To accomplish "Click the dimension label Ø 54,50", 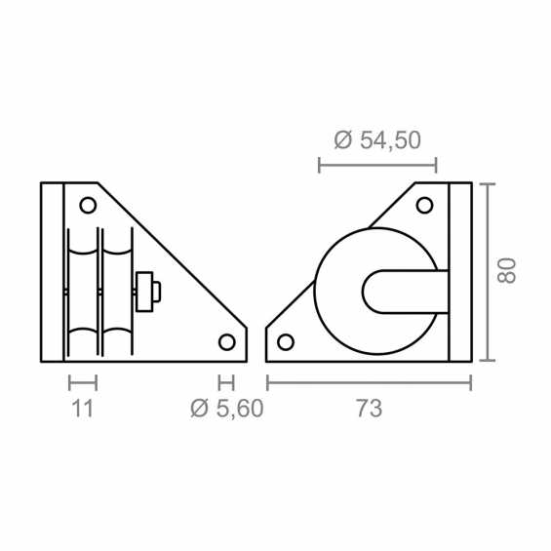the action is tap(377, 139).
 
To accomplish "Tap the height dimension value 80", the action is tap(506, 270).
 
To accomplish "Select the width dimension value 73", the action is tap(369, 409).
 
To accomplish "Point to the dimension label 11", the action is tap(83, 409).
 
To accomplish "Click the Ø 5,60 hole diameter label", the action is tap(227, 409).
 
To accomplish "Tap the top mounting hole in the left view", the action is tap(88, 205).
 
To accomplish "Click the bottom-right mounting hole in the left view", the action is tap(226, 342).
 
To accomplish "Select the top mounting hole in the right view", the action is tap(424, 205).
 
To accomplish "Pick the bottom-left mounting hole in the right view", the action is tap(286, 342).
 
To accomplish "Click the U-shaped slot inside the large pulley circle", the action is tap(364, 292).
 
